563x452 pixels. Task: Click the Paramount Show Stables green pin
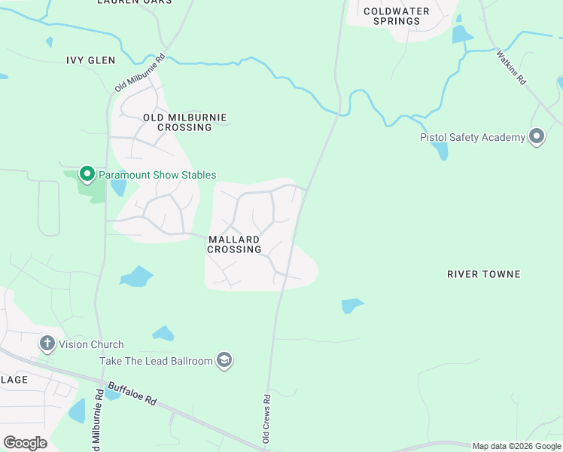[x=87, y=175]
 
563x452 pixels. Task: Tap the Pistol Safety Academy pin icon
[x=537, y=137]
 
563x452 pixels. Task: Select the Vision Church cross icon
[x=47, y=344]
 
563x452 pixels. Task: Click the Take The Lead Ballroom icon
[x=224, y=361]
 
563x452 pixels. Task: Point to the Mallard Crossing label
[x=234, y=244]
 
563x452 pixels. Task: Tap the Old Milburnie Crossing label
[x=184, y=123]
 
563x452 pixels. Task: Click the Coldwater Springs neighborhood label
[x=396, y=16]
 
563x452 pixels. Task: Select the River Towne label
[x=483, y=274]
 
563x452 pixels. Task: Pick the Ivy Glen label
[x=90, y=60]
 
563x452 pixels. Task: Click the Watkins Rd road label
[x=511, y=67]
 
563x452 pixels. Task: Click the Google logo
[x=25, y=443]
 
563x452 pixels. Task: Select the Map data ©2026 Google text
[x=516, y=446]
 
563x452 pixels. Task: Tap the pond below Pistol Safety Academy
[x=440, y=151]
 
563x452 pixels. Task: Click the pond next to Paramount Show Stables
[x=118, y=186]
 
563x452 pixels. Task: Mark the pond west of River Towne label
[x=351, y=305]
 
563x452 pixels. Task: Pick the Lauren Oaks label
[x=134, y=2]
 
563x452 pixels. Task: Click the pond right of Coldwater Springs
[x=461, y=34]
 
